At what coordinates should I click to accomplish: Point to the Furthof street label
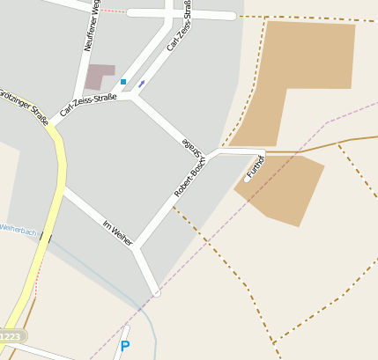point(256,166)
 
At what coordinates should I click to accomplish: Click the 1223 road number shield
point(10,337)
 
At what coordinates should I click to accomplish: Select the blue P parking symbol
point(124,347)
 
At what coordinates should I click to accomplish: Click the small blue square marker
point(123,82)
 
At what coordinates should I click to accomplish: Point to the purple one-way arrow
point(141,84)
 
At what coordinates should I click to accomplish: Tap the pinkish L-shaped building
point(100,76)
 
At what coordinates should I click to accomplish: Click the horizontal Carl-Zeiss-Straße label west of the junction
point(89,107)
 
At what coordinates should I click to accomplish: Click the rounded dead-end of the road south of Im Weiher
point(156,291)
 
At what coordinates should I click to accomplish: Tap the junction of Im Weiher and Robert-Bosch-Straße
point(137,246)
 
